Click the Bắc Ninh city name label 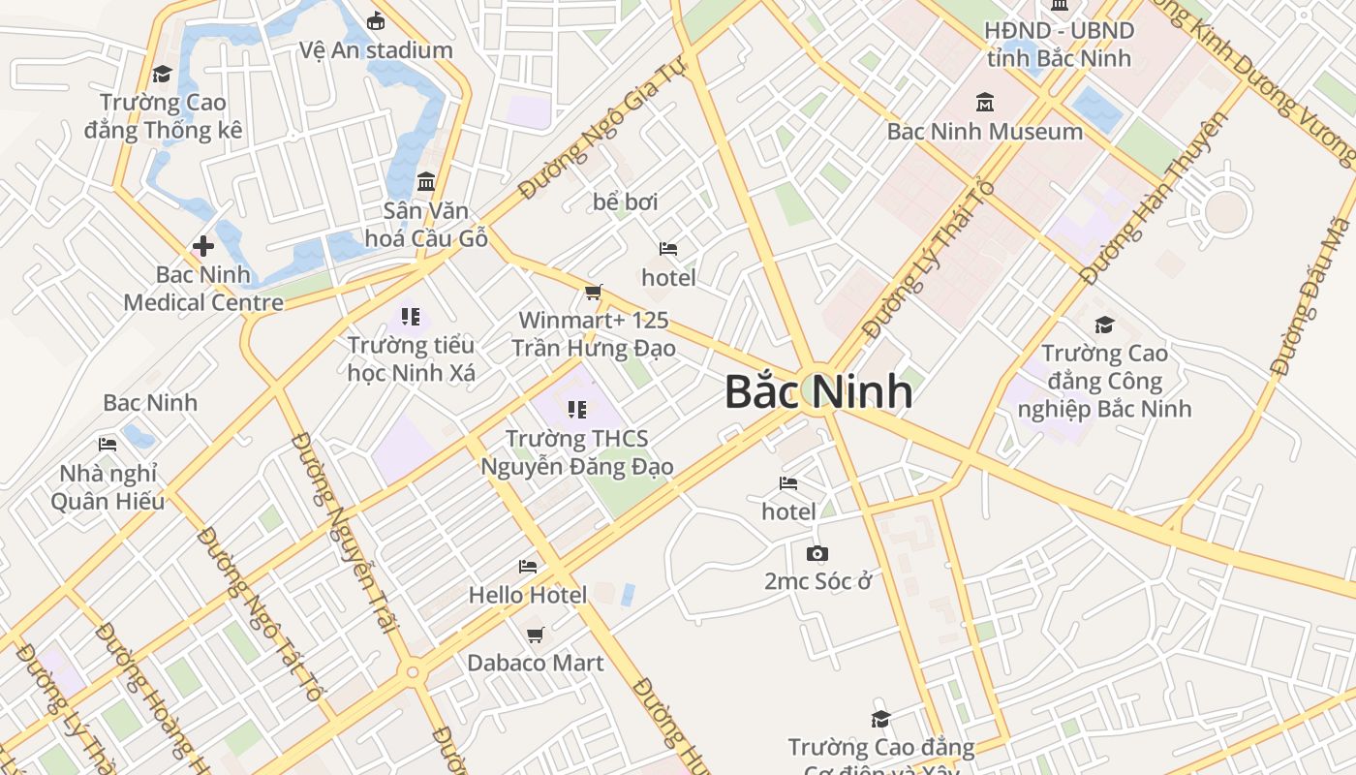pos(818,391)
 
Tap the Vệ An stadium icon pos(376,20)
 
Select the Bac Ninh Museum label pos(984,131)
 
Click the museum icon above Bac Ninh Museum pos(985,102)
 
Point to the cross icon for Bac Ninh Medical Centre pos(203,245)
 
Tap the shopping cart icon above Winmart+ pos(594,292)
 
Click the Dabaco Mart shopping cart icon pos(535,635)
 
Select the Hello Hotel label pos(528,594)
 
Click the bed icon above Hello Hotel pos(528,566)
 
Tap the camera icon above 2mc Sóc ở pos(817,553)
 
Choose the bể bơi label pos(626,201)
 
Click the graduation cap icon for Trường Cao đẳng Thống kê pos(162,74)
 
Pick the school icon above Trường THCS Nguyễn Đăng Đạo pos(577,410)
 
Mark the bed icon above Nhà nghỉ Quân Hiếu pos(108,445)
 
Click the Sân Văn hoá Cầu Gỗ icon pos(425,181)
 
